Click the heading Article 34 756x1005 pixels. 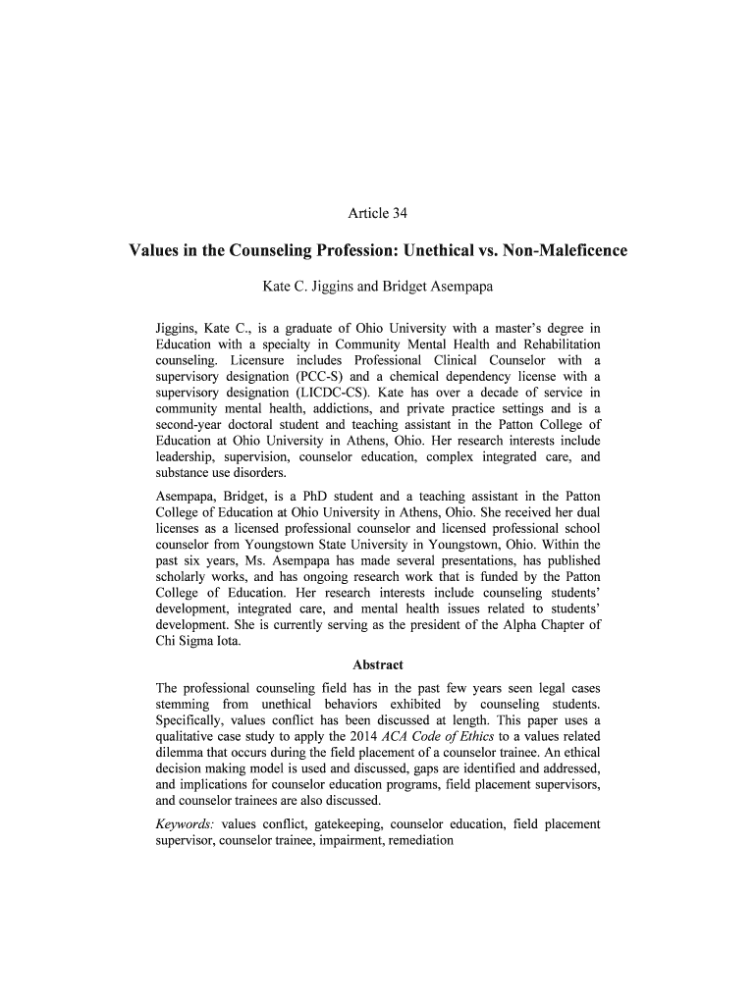pos(378,213)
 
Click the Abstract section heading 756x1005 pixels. pos(378,664)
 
